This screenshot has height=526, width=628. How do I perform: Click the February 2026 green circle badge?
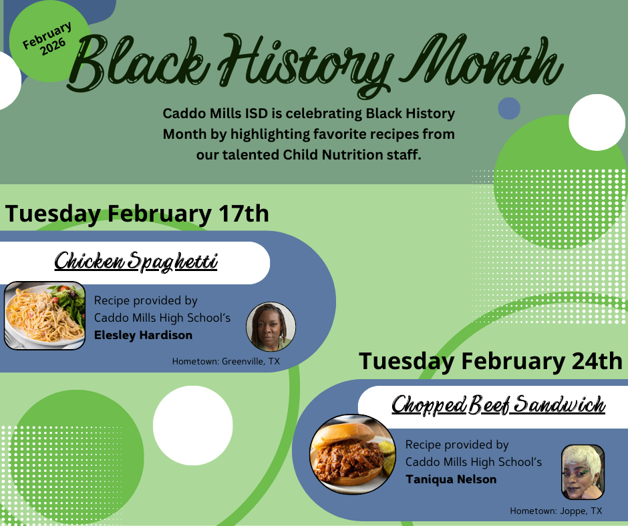48,39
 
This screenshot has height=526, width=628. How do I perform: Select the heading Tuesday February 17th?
137,214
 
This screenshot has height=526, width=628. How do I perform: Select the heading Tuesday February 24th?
491,361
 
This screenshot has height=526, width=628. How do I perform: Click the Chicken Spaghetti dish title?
136,262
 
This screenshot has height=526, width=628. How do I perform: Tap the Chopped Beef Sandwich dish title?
498,405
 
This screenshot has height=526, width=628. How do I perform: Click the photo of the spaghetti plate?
45,316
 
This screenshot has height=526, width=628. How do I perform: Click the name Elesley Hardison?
143,335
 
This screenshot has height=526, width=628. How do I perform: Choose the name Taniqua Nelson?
451,479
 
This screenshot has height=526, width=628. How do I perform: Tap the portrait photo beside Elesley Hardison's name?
271,326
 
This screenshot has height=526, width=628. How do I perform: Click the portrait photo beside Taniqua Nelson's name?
583,472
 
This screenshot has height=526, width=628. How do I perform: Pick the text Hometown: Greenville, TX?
226,361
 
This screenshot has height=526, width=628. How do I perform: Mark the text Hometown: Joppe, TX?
555,511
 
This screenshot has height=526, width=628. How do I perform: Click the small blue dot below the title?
509,108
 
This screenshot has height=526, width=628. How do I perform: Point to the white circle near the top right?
595,122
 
